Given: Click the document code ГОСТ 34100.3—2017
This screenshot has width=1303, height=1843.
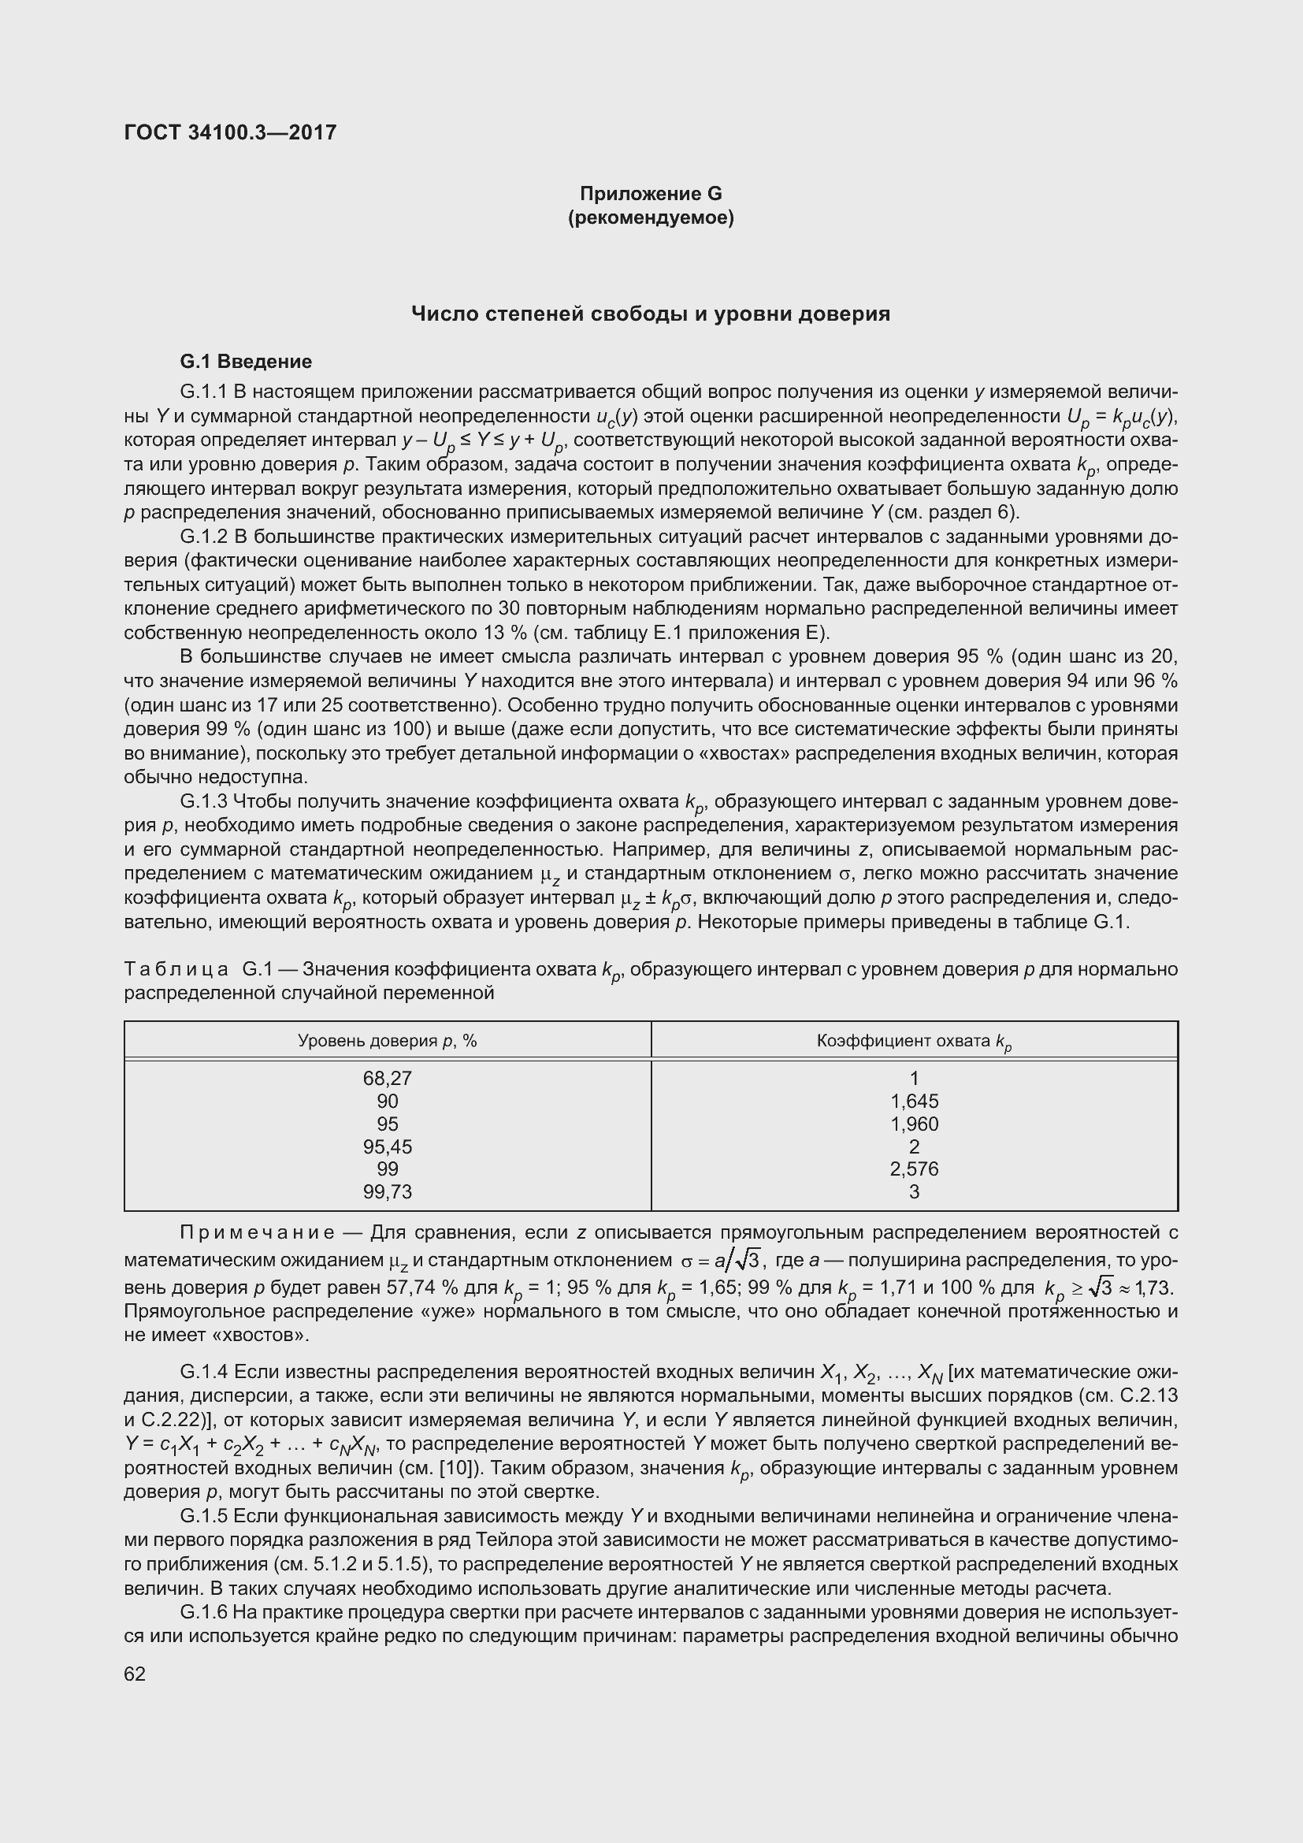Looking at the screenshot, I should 230,132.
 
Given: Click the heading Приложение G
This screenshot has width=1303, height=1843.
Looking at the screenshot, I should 651,194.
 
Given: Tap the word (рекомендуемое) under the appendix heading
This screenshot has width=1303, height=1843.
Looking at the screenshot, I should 651,217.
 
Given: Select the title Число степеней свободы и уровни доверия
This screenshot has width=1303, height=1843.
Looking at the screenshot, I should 651,314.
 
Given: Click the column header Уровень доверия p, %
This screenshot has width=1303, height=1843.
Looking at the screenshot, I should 387,1041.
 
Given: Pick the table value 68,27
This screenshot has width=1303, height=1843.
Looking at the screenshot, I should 387,1078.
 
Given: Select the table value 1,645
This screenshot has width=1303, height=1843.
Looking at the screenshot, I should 914,1102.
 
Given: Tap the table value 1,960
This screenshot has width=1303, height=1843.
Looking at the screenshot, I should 914,1124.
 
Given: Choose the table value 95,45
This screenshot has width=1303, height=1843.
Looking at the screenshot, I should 387,1146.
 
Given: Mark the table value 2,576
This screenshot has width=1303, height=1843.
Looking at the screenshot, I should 914,1169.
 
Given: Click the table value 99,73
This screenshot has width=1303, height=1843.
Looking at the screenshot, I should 387,1192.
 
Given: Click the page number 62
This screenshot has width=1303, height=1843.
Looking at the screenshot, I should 135,1674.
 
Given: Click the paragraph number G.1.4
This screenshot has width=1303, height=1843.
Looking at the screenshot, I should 204,1372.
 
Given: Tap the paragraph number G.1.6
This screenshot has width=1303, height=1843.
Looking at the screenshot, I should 204,1612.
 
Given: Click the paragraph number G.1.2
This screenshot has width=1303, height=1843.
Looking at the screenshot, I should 204,537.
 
